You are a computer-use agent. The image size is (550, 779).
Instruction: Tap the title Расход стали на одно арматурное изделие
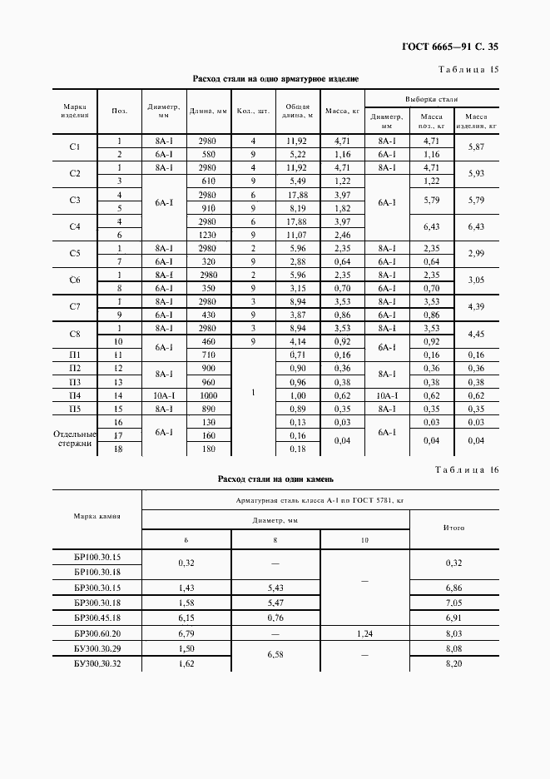click(x=275, y=79)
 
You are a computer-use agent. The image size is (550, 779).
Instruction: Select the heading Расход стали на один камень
click(x=275, y=479)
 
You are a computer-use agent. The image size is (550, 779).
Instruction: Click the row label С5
click(x=74, y=253)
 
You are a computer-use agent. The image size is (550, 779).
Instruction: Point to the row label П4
click(x=74, y=395)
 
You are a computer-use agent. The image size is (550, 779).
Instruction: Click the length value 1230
click(x=208, y=235)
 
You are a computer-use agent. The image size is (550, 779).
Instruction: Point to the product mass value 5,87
click(x=476, y=147)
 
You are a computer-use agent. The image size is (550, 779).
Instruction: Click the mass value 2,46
click(x=342, y=235)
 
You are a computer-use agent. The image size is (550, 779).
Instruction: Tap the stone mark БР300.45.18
click(x=97, y=618)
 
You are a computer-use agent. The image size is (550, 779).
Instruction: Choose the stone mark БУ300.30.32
click(x=97, y=664)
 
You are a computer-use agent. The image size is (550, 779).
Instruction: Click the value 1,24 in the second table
click(x=365, y=633)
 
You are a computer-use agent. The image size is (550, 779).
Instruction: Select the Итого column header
click(x=454, y=528)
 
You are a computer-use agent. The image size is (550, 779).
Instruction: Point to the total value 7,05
click(x=454, y=602)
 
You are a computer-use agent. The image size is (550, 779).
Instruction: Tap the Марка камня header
click(x=97, y=515)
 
